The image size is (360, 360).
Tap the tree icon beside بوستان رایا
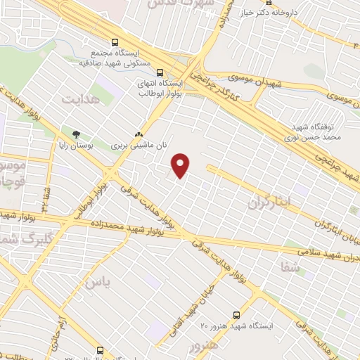coord(77,134)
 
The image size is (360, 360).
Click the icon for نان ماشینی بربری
coord(139,134)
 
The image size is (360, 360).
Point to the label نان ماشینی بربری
coord(138,146)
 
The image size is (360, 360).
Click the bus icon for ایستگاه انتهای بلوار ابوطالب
coord(161,71)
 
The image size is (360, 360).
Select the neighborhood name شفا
coord(289,266)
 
